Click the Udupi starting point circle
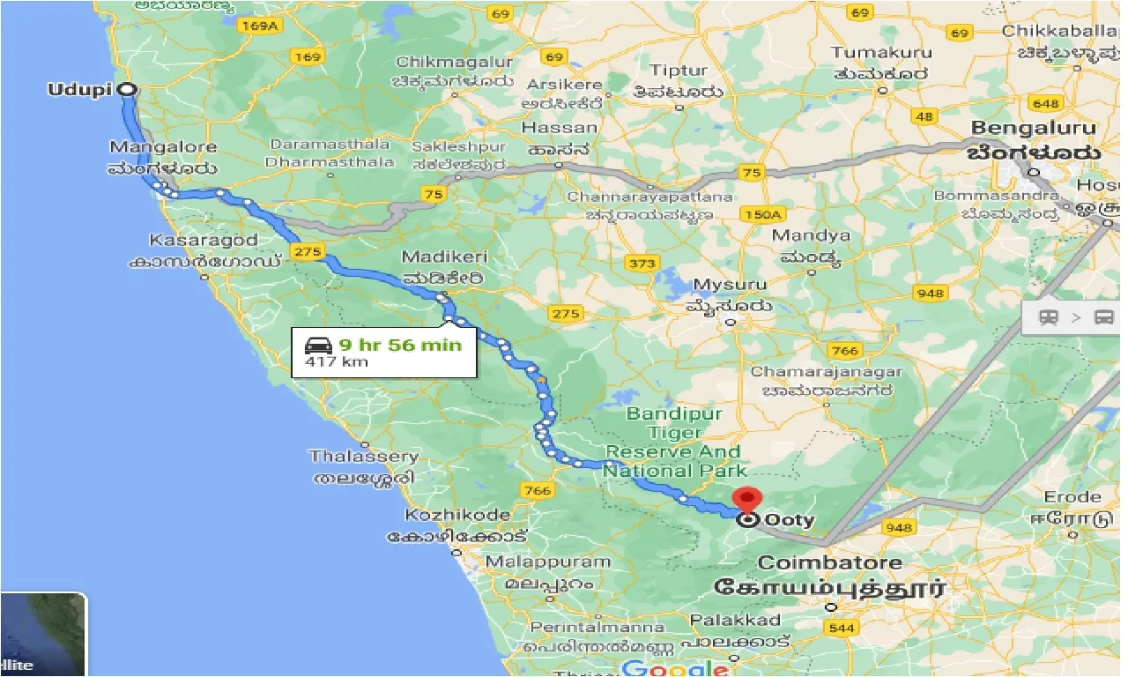[127, 89]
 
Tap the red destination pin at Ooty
[747, 500]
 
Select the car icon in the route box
[318, 345]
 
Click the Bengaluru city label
[1034, 129]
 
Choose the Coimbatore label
[829, 562]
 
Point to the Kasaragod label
[204, 240]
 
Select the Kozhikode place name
[456, 515]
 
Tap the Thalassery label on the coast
[363, 457]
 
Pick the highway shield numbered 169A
[260, 26]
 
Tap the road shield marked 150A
[763, 214]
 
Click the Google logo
[674, 668]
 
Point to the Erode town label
[1072, 497]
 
